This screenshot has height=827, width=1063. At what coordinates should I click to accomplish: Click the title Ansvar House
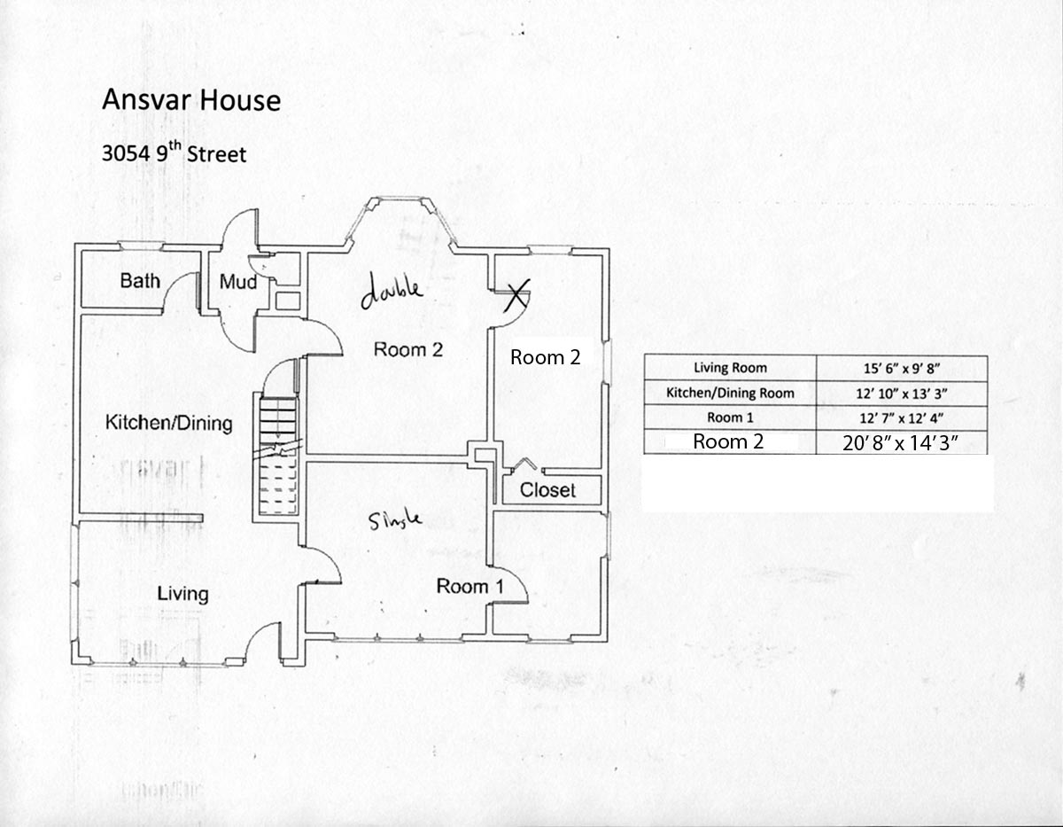click(x=191, y=99)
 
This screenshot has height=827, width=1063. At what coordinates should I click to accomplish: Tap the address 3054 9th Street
click(x=174, y=153)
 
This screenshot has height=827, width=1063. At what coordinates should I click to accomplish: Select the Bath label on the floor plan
click(x=140, y=281)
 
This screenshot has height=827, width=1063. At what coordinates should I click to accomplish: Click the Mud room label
click(x=237, y=282)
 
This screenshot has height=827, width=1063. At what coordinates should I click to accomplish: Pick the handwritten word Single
click(x=395, y=521)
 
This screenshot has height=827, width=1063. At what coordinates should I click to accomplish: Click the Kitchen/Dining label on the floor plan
click(x=168, y=423)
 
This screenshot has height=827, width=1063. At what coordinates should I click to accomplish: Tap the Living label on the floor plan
click(x=182, y=594)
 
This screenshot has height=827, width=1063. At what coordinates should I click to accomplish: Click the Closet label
click(x=547, y=490)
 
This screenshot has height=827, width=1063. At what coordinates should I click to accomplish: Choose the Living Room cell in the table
click(x=730, y=368)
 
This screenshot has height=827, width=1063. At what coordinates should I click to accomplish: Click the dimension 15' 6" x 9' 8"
click(x=901, y=368)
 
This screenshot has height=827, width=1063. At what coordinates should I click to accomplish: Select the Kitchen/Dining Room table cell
click(x=730, y=393)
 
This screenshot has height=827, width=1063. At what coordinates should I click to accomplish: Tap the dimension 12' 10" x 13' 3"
click(x=901, y=393)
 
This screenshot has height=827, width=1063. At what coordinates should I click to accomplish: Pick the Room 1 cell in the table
click(x=730, y=417)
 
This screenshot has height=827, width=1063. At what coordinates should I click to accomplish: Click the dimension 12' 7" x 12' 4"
click(x=901, y=417)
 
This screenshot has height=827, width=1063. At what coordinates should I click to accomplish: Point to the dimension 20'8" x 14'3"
click(x=901, y=442)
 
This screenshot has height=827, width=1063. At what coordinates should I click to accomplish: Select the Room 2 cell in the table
click(x=727, y=441)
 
